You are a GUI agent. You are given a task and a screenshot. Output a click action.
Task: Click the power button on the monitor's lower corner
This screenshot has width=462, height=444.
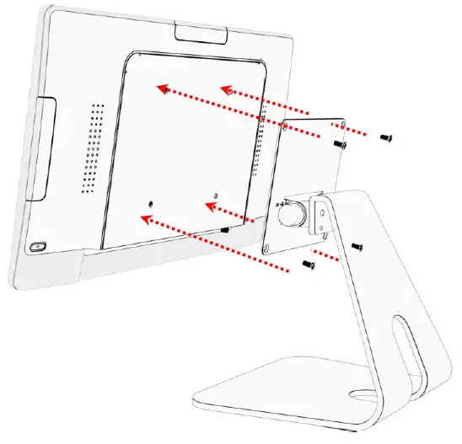(38, 247)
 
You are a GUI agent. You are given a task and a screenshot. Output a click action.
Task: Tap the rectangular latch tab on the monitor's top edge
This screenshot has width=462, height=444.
(201, 33)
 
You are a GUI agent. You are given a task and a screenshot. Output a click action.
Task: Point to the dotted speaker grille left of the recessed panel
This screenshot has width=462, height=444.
(92, 148)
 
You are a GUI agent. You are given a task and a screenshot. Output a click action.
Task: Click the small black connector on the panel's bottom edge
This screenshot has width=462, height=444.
(225, 228)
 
